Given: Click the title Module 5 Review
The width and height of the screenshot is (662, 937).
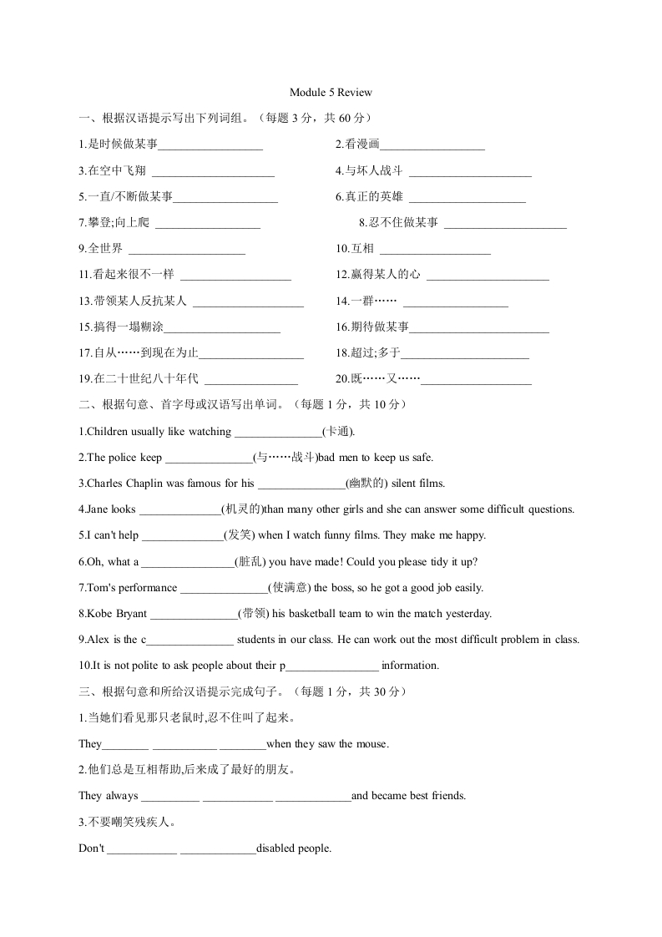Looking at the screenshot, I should (x=331, y=92).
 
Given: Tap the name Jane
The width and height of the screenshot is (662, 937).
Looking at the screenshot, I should (x=94, y=509).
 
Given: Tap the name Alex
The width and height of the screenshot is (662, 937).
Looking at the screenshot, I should (x=96, y=640).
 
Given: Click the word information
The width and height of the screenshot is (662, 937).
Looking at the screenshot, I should (x=410, y=666).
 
